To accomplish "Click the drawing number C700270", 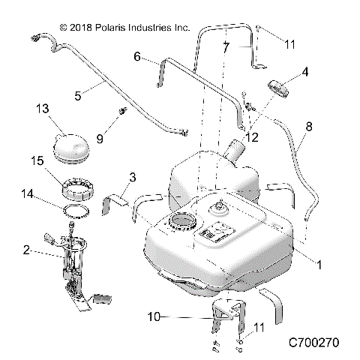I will [314, 343].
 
